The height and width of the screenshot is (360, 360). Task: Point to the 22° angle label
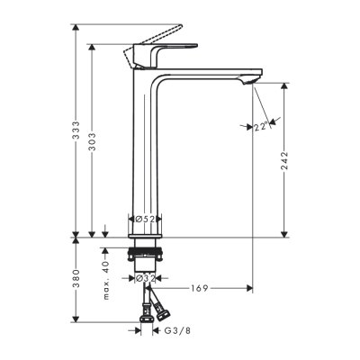[x=260, y=128]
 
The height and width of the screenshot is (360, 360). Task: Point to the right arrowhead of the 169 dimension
[x=249, y=289]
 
